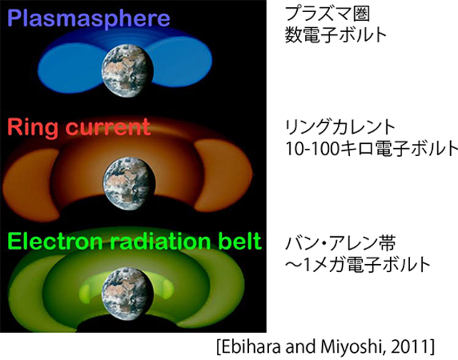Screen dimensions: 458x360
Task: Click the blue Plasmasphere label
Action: [x=89, y=19]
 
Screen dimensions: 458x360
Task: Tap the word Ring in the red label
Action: [x=33, y=127]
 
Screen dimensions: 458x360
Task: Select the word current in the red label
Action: [x=108, y=127]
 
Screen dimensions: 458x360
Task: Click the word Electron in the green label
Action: [x=55, y=241]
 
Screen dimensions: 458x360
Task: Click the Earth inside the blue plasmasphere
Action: [x=127, y=71]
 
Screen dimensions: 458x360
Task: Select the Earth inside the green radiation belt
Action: [x=128, y=294]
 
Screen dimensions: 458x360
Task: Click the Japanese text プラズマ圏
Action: [x=328, y=14]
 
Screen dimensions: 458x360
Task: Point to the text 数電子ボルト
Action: [x=336, y=35]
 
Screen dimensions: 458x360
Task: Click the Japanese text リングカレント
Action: [x=341, y=127]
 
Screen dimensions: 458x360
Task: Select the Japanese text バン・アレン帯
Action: [x=341, y=244]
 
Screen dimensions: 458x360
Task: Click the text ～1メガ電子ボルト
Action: [x=358, y=265]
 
